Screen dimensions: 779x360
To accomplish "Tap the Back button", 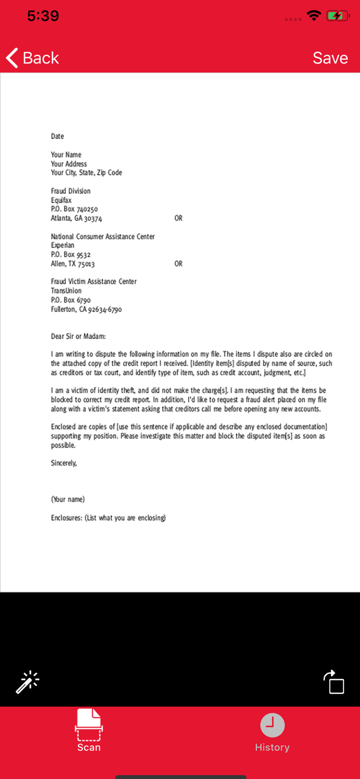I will point(32,58).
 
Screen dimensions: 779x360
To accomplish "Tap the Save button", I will point(330,58).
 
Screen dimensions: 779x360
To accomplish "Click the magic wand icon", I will point(28,682).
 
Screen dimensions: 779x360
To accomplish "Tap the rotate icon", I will point(334,682).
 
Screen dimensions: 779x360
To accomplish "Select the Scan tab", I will point(89,730).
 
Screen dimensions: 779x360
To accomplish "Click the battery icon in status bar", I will point(337,16).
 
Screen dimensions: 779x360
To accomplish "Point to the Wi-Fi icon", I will point(314,16).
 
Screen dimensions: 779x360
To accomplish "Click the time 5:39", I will point(43,16).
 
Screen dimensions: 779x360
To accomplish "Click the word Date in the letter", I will point(57,137).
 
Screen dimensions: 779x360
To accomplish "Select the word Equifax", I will point(61,200).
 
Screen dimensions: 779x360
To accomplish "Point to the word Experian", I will point(62,246).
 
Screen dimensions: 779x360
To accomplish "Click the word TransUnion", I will point(66,291).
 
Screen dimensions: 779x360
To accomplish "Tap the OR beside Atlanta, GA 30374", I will point(178,219).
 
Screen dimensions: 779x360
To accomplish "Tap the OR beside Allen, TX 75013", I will point(178,264).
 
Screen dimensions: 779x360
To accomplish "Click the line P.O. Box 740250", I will point(74,209).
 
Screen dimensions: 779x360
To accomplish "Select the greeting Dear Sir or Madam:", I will point(78,337).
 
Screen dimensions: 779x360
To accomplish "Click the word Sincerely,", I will point(64,463).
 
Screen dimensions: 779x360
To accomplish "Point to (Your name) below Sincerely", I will point(68,500).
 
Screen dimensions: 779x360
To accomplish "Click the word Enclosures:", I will point(66,518).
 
